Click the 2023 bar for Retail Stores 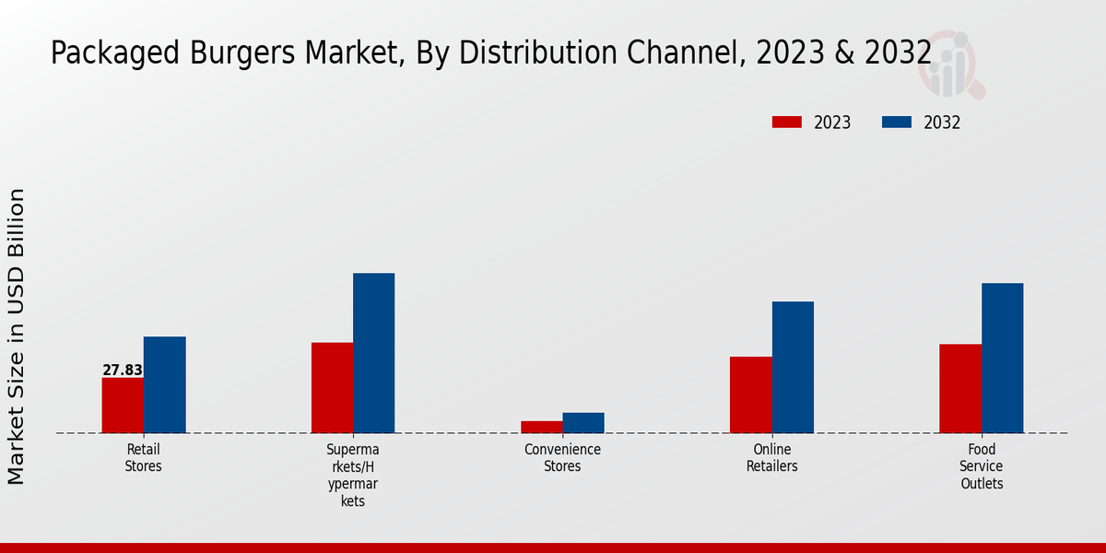tap(123, 406)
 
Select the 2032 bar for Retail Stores tap(164, 385)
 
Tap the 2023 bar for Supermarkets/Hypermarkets tap(332, 388)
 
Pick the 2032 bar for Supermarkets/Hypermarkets tap(373, 353)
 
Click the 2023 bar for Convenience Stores tap(541, 427)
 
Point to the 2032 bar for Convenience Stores tap(583, 423)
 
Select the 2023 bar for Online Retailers tap(751, 394)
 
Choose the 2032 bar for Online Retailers tap(793, 367)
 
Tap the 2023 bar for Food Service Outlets tap(960, 388)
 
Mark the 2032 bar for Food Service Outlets tap(1002, 358)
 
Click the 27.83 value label tap(123, 371)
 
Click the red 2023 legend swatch tap(786, 123)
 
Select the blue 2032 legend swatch tap(897, 123)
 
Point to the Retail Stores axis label tap(143, 458)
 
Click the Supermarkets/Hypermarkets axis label tap(353, 475)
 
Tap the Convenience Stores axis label tap(562, 458)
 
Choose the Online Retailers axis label tap(772, 458)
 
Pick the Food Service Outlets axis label tap(982, 466)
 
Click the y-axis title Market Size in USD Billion tap(17, 336)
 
